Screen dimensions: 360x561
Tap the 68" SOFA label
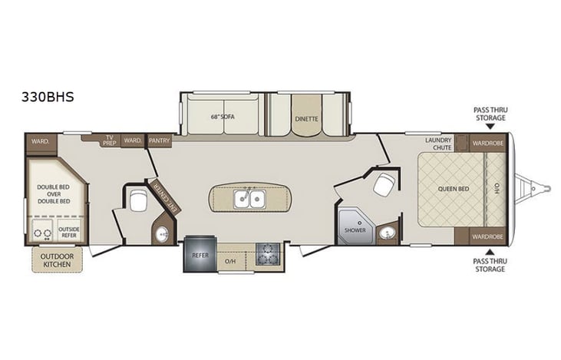[223, 118]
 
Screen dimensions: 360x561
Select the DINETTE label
[306, 118]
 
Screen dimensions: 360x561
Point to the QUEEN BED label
[453, 188]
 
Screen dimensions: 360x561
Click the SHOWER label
[354, 230]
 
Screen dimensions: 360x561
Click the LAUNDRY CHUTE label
[438, 144]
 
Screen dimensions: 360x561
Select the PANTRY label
[160, 141]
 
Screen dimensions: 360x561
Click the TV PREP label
[110, 140]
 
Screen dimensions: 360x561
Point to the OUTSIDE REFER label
[68, 232]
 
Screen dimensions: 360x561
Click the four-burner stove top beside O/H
[269, 253]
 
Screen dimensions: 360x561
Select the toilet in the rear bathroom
[139, 201]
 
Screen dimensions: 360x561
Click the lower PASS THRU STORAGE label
[489, 265]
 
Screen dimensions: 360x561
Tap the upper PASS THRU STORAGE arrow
[489, 131]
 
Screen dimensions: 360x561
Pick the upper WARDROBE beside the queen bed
[488, 143]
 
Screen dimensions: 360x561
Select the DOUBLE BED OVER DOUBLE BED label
[54, 194]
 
